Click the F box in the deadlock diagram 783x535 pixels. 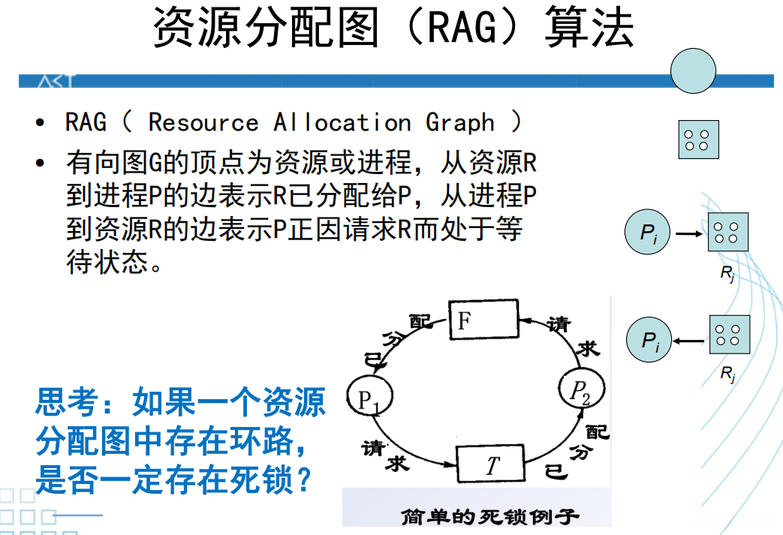point(483,321)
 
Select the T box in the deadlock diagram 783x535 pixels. point(491,465)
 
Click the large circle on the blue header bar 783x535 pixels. point(693,73)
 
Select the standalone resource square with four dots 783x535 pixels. point(698,140)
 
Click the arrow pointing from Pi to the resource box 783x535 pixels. point(688,233)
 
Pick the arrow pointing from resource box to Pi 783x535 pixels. point(689,341)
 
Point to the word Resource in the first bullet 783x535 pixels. point(203,122)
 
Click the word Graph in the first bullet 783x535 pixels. point(459,122)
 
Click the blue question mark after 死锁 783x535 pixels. point(303,479)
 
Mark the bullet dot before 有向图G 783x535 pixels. point(40,163)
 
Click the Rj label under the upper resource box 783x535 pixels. point(727,273)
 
